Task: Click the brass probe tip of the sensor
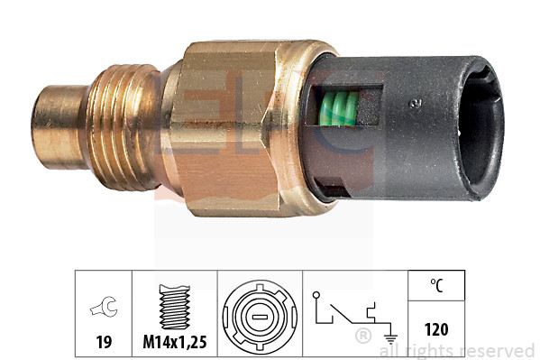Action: (57, 115)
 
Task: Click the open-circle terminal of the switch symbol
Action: (316, 294)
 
